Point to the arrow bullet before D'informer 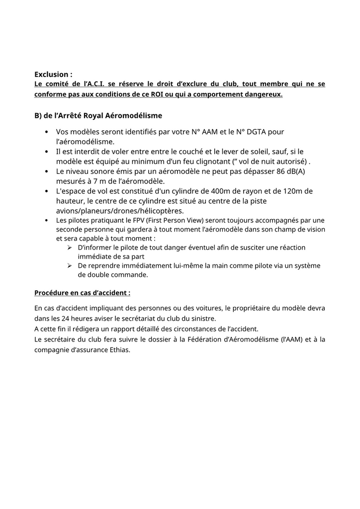point(70,248)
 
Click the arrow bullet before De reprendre point(70,266)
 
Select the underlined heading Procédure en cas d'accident point(83,292)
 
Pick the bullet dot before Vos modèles point(46,132)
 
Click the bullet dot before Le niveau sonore point(46,171)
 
